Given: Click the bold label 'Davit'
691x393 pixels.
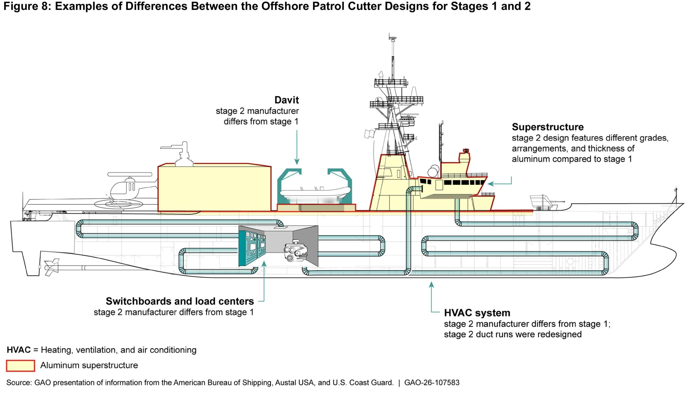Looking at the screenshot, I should click(286, 100).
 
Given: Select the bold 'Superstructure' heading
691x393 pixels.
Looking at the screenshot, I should click(547, 127).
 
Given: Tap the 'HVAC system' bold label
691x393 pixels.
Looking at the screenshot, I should click(477, 313).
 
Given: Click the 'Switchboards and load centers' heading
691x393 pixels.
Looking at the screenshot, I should click(180, 301).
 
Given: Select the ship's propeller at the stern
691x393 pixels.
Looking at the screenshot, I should click(52, 267).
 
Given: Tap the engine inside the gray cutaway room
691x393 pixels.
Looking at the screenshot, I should click(295, 251).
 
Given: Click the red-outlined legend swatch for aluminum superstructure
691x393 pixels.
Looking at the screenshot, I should click(21, 366).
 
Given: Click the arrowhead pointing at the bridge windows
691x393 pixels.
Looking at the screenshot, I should click(491, 184).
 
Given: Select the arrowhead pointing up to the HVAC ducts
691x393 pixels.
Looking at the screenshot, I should click(432, 285).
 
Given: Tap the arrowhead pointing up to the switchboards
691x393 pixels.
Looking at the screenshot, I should click(264, 264).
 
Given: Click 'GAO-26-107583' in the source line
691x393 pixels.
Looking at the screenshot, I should click(432, 382).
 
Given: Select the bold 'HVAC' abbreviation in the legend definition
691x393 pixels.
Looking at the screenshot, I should click(19, 350).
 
